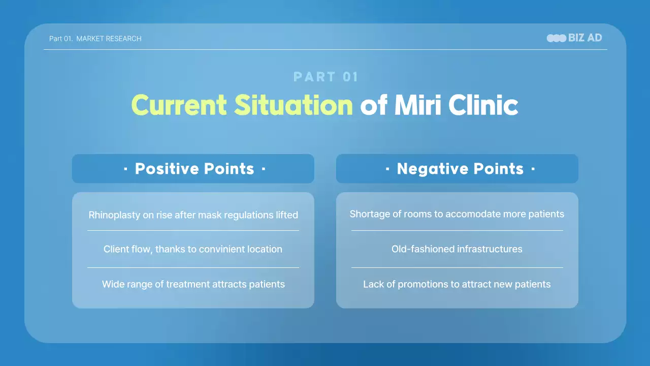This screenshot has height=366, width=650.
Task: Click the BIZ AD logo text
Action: click(x=585, y=38)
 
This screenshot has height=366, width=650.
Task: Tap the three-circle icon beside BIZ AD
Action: click(x=556, y=38)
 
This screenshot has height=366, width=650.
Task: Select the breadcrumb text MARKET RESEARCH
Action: click(x=109, y=39)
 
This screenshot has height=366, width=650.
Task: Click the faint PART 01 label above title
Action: click(x=326, y=77)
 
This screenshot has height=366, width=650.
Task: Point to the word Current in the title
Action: click(x=179, y=105)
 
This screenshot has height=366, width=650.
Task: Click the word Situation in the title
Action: click(x=294, y=105)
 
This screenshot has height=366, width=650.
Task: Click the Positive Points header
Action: click(x=194, y=169)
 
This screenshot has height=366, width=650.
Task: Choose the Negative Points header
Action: click(x=460, y=169)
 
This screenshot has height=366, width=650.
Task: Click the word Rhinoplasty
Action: click(x=114, y=215)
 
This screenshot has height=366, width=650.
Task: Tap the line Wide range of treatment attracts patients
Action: click(x=193, y=284)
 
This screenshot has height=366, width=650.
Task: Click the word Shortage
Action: click(x=368, y=214)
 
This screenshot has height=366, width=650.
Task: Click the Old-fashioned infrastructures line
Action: click(x=457, y=249)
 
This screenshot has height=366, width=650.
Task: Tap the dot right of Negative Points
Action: click(x=533, y=169)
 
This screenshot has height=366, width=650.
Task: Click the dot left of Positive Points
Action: click(x=125, y=169)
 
